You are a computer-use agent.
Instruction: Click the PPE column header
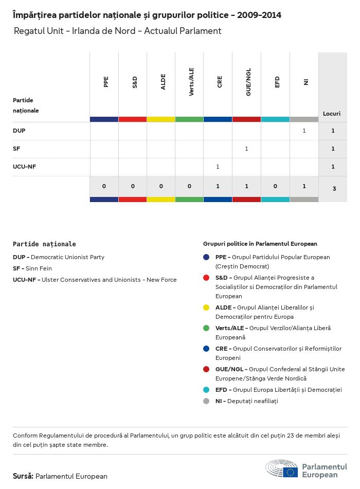click(106, 82)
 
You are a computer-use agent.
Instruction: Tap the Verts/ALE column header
click(191, 84)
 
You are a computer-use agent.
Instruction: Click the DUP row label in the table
click(19, 131)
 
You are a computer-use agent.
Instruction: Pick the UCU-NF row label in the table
click(24, 167)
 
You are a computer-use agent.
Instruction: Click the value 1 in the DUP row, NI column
click(304, 131)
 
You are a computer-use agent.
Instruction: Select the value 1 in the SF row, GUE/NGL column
click(246, 149)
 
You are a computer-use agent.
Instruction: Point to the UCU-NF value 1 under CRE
click(218, 167)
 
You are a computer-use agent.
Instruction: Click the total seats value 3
click(334, 189)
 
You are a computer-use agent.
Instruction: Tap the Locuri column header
click(332, 113)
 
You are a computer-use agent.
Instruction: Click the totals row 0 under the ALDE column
click(161, 186)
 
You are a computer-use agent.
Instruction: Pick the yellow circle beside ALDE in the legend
click(206, 307)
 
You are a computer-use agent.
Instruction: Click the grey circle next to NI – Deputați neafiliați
click(206, 401)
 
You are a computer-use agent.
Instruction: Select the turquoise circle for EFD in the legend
click(206, 390)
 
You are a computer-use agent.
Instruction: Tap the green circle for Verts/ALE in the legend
click(206, 328)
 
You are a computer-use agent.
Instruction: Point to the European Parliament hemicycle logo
click(282, 469)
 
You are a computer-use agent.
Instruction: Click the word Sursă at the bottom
click(23, 476)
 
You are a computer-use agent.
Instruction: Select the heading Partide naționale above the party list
click(44, 244)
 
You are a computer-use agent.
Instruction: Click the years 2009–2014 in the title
click(259, 15)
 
